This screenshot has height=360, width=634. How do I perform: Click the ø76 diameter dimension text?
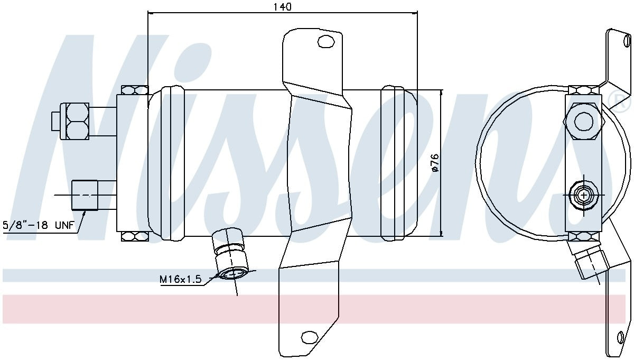click(x=435, y=163)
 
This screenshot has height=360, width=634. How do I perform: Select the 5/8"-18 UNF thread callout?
click(x=33, y=225)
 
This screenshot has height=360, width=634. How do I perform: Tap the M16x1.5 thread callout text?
click(x=181, y=279)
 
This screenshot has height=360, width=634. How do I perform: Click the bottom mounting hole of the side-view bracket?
click(x=307, y=337)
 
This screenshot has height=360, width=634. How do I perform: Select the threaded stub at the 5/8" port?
click(x=85, y=195)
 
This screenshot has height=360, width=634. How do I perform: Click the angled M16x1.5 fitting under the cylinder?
click(x=230, y=256)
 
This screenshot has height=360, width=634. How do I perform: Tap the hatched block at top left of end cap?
click(x=135, y=90)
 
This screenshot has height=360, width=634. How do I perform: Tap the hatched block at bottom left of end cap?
click(x=135, y=236)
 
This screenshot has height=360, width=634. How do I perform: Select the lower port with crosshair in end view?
click(x=583, y=196)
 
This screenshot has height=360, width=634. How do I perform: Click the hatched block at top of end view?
click(x=583, y=90)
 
